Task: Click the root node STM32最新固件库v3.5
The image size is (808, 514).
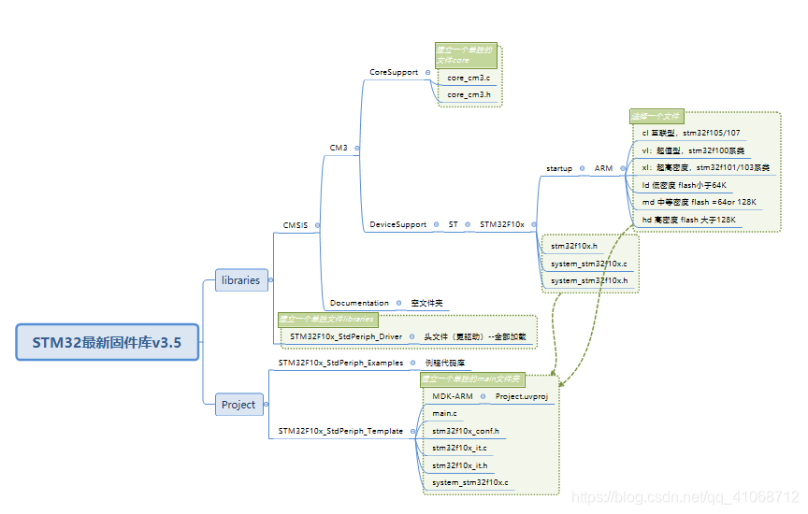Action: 108,342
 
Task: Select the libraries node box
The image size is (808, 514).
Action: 240,279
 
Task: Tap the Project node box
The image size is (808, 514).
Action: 238,405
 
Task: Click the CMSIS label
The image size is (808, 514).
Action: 296,225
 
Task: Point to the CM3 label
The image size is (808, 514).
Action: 338,148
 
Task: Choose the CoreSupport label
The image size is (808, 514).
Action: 394,72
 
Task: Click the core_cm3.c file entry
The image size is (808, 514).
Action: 469,78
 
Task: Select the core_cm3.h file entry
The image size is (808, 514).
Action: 469,94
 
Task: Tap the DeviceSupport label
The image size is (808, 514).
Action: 397,224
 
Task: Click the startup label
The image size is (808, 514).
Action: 559,168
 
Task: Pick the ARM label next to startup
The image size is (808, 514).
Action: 603,168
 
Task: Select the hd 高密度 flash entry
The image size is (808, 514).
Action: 689,220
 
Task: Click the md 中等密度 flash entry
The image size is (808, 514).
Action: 699,202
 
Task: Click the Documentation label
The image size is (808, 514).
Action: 359,303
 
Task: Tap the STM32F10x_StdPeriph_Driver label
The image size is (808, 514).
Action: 346,336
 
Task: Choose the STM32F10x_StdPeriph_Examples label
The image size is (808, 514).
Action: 340,362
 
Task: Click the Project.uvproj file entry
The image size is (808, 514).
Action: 521,396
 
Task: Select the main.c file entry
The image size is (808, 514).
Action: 444,412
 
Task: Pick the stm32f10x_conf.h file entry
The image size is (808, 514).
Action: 466,431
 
